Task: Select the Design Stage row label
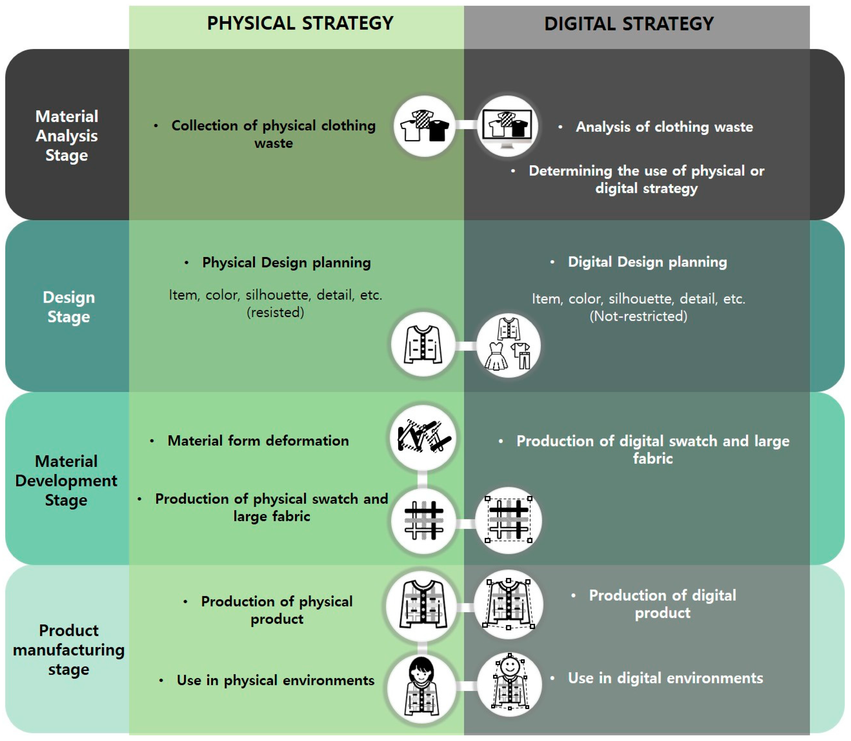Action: coord(69,307)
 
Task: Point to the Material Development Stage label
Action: coord(66,480)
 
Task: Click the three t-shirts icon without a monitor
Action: coord(424,126)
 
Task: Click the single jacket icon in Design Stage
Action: coord(423,344)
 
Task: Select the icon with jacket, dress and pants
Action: coord(508,345)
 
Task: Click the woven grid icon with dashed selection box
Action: coord(508,520)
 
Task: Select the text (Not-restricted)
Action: coord(638,316)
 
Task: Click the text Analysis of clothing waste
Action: coord(664,127)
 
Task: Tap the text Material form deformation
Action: coord(258,441)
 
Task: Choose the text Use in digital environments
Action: coord(665,678)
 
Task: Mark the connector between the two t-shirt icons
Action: coord(466,125)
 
